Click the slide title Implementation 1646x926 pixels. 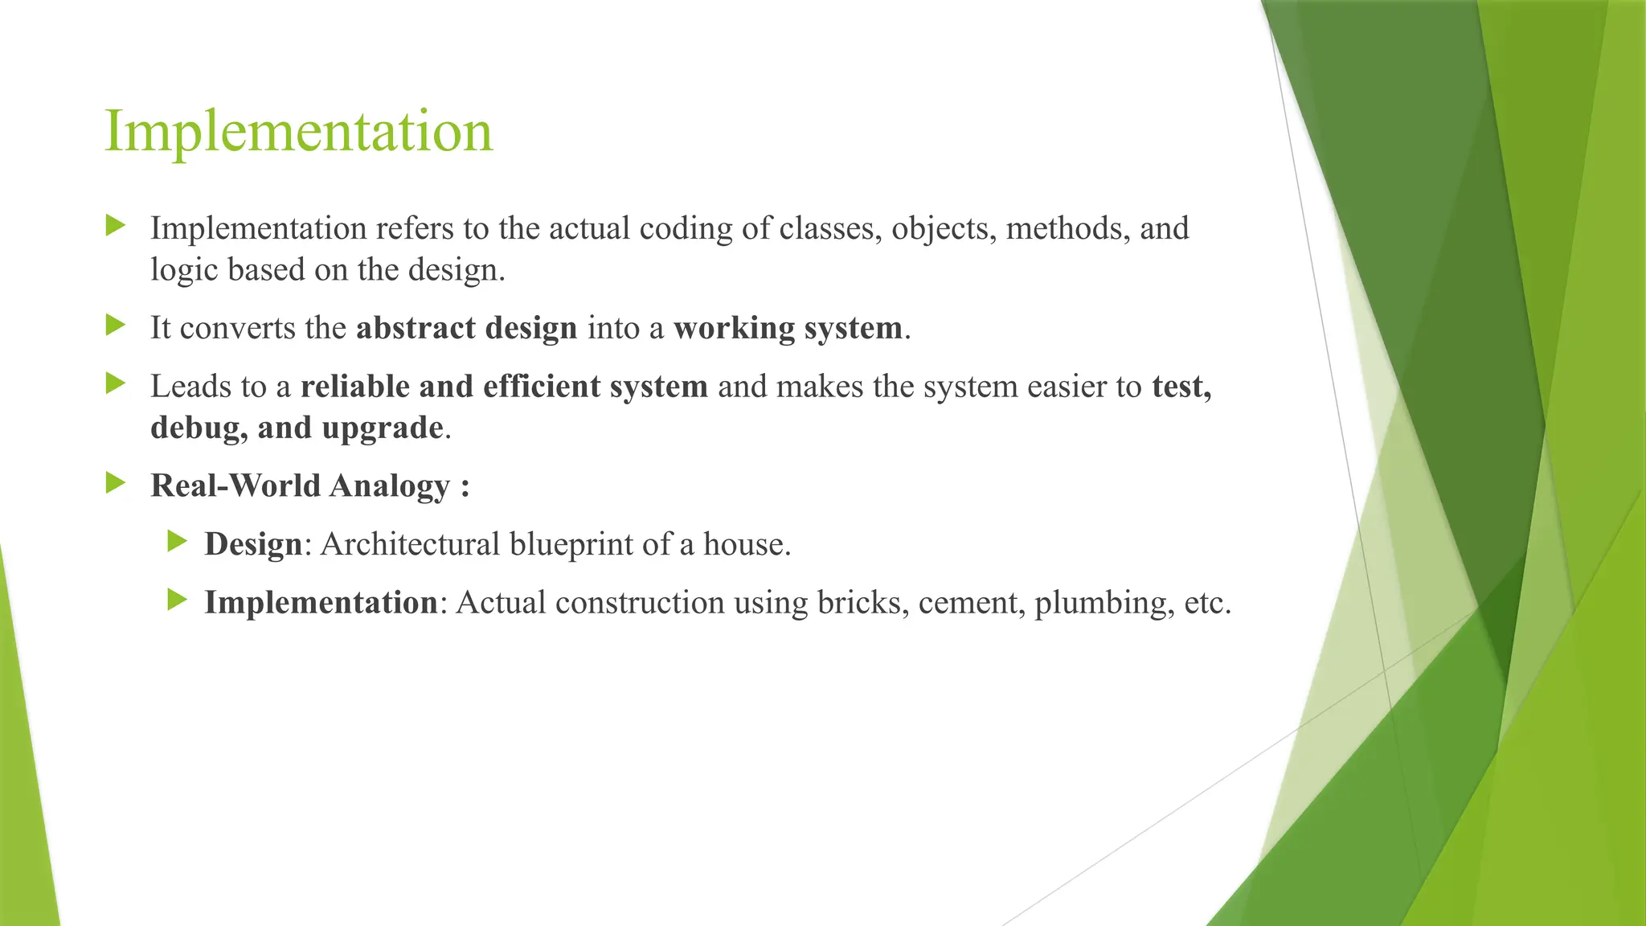pyautogui.click(x=298, y=132)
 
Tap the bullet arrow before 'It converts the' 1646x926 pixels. pyautogui.click(x=116, y=326)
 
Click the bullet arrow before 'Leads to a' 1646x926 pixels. pyautogui.click(x=116, y=384)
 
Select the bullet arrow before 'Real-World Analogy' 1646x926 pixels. pyautogui.click(x=116, y=483)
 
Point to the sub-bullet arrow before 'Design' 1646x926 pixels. pyautogui.click(x=177, y=541)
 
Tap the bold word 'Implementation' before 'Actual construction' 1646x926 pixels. pyautogui.click(x=321, y=603)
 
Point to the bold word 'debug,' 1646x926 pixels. pyautogui.click(x=199, y=428)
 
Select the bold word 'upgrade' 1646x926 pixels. pyautogui.click(x=382, y=428)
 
